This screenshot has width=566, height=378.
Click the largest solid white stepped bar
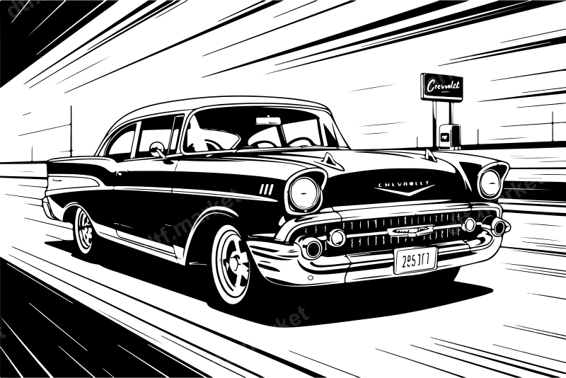click(120, 103)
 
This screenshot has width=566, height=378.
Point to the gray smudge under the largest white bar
click(126, 111)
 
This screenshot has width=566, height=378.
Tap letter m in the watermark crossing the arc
click(183, 225)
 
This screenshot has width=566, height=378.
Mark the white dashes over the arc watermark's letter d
click(151, 246)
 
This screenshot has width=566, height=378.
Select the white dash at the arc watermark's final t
click(231, 195)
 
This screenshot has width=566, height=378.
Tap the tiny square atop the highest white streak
click(467, 54)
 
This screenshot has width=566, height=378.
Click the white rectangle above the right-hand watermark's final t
click(537, 175)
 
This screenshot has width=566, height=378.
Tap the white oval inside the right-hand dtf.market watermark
click(470, 224)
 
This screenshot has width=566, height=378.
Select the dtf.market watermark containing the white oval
click(495, 205)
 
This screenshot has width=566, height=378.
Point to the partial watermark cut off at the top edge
click(25, 7)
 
